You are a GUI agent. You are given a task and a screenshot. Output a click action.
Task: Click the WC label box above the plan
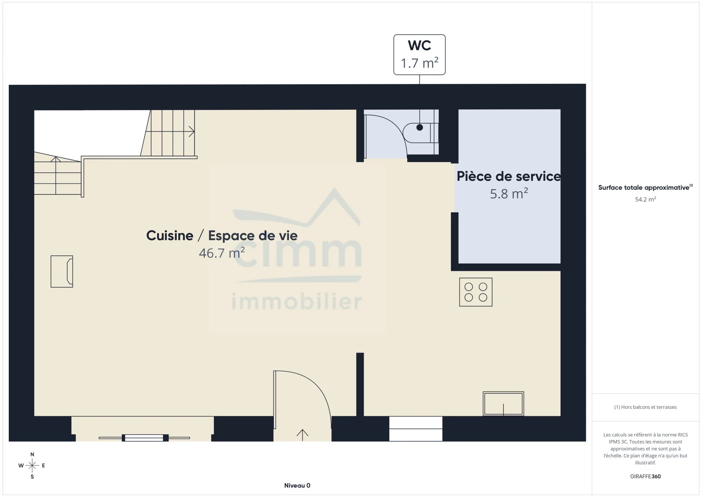[419, 55]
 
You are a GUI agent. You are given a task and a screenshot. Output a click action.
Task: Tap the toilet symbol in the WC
[420, 133]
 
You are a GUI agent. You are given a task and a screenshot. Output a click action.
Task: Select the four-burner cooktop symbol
[476, 292]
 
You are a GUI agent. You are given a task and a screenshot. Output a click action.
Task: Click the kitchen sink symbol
[503, 404]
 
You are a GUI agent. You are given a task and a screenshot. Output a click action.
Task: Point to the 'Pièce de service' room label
[509, 176]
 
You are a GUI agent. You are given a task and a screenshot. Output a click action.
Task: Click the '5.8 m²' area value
[509, 193]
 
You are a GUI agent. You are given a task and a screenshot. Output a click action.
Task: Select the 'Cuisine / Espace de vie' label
[222, 236]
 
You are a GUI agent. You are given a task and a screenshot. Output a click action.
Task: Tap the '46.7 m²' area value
[222, 253]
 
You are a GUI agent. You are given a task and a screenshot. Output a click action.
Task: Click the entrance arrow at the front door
[302, 435]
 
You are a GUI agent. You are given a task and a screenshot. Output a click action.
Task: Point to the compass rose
[32, 466]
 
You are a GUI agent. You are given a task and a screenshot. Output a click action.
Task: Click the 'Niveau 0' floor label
[297, 486]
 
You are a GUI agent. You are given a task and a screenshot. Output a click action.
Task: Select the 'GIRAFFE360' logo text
[645, 477]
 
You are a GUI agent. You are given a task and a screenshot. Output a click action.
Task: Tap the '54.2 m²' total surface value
[645, 199]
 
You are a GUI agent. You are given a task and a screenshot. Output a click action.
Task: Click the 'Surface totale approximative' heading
[643, 188]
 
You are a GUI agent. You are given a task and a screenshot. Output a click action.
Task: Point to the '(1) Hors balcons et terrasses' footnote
[645, 407]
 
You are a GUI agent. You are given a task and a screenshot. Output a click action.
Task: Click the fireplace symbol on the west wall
[62, 272]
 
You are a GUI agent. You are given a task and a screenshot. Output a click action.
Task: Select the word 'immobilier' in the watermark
[297, 302]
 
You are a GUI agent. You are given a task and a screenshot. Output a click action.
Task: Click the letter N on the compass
[32, 455]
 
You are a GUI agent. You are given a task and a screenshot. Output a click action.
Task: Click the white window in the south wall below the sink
[416, 429]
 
